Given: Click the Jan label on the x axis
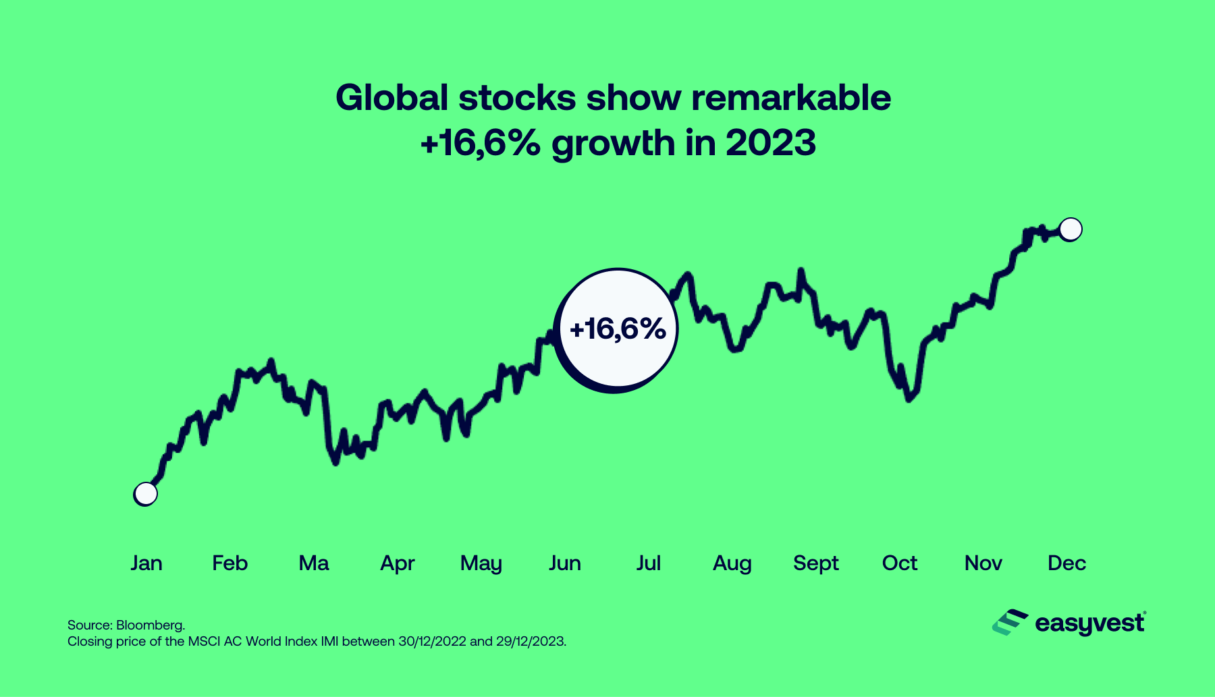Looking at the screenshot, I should pyautogui.click(x=146, y=563).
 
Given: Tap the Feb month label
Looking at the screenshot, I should pyautogui.click(x=230, y=563).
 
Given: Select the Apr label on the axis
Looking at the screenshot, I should pyautogui.click(x=397, y=563).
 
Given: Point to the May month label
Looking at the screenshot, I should pyautogui.click(x=481, y=563).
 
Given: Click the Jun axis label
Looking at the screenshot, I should pyautogui.click(x=564, y=563).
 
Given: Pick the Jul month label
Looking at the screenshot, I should pyautogui.click(x=648, y=563).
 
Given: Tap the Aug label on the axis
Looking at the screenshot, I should pyautogui.click(x=732, y=563).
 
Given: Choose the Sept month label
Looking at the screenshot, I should pyautogui.click(x=815, y=563).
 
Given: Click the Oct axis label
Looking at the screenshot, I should pyautogui.click(x=899, y=563).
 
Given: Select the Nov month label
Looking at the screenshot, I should pyautogui.click(x=983, y=563).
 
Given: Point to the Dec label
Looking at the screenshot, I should pyautogui.click(x=1066, y=563).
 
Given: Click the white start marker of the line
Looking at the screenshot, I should pyautogui.click(x=146, y=494).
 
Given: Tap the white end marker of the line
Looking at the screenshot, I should pyautogui.click(x=1071, y=229).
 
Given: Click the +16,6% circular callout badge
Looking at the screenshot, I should pyautogui.click(x=617, y=330).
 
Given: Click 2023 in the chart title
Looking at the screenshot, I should pyautogui.click(x=771, y=143).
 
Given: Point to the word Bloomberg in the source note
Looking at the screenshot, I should pyautogui.click(x=150, y=625).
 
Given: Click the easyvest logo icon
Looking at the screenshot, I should pyautogui.click(x=1009, y=622).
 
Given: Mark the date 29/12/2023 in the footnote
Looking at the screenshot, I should pyautogui.click(x=531, y=641).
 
